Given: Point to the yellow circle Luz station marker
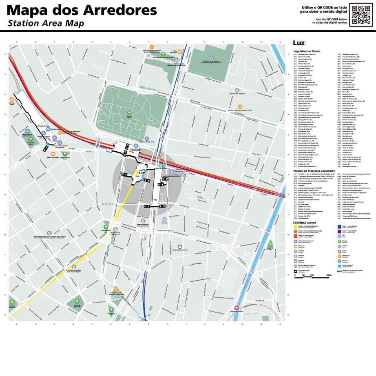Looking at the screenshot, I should click(x=137, y=173).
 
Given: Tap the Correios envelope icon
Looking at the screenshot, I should click(x=164, y=219).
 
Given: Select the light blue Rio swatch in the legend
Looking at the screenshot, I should click(x=340, y=236).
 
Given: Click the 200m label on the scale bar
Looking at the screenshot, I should click(x=329, y=275).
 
